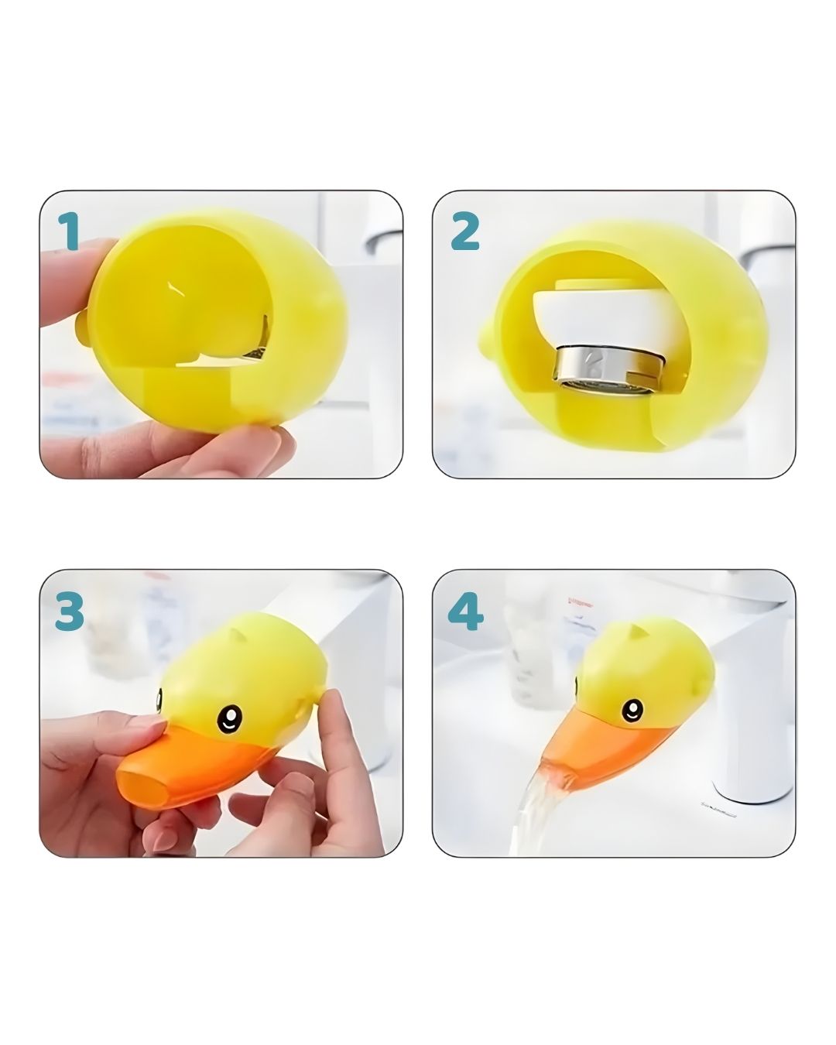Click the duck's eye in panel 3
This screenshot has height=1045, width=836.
pyautogui.click(x=229, y=718)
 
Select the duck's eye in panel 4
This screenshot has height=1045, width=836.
pyautogui.click(x=632, y=710)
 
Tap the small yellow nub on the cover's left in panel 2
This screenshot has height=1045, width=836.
pyautogui.click(x=486, y=339)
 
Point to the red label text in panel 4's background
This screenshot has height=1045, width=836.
pyautogui.click(x=581, y=605)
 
